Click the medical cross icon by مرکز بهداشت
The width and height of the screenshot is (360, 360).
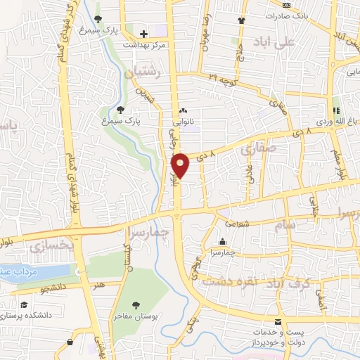coord(143,34)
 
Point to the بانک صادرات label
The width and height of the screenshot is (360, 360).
coord(290,15)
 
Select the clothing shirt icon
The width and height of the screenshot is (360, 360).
coord(242,20)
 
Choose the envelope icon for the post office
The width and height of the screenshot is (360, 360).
coord(278,321)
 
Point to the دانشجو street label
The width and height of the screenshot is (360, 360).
coord(53,288)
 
